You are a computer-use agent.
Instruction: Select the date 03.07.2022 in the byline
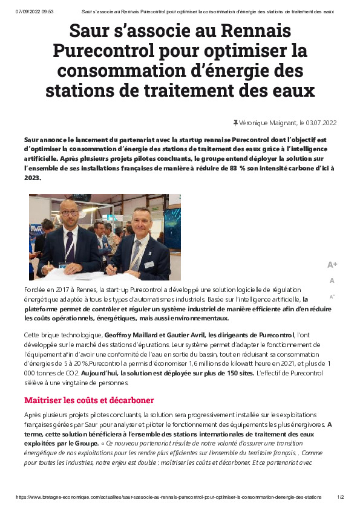(x=321, y=123)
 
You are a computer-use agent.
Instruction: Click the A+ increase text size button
(x=332, y=265)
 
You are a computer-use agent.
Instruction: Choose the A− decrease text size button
(x=332, y=296)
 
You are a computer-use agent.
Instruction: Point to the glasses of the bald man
(x=68, y=213)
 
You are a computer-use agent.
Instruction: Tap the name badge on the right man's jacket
(x=149, y=264)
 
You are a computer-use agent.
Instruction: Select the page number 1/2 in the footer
(x=340, y=497)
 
